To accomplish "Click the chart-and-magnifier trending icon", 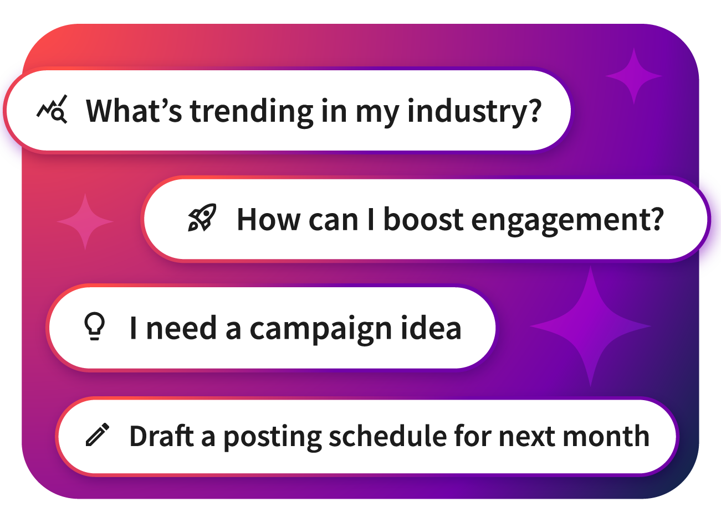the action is [52, 109].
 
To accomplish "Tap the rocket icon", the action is [202, 218].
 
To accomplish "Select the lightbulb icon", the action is [94, 326].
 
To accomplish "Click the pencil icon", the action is [98, 434].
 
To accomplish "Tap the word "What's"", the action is [134, 110].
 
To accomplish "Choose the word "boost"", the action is [423, 219].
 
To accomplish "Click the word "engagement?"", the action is [567, 221].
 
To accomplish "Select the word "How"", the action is [269, 219].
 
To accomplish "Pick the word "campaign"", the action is [320, 330].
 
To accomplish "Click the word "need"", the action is [181, 327].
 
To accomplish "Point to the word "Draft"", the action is [162, 436].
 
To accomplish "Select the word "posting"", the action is [272, 438].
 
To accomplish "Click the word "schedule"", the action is [388, 436].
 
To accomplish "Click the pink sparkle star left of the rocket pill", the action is [85, 221].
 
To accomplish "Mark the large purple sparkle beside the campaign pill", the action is [590, 326].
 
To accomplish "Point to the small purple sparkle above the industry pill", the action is [634, 76].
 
